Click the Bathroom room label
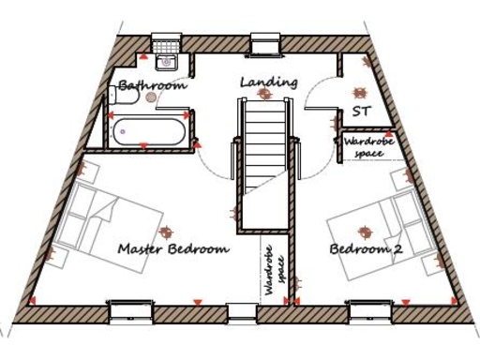[x=152, y=85]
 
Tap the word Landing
[x=268, y=82]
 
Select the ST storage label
[x=362, y=112]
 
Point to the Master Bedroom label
[x=173, y=249]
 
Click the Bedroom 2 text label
[x=367, y=249]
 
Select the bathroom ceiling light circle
[x=151, y=97]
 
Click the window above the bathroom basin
[x=166, y=42]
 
